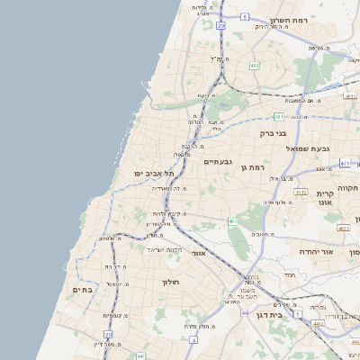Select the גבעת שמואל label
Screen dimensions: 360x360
coord(309,148)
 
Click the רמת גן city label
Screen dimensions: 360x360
coord(256,167)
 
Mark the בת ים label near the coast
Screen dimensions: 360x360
coord(82,290)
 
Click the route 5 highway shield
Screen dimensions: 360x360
coord(244,16)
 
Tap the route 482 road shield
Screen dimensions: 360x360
coord(255,65)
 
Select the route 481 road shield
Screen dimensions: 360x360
coord(279,116)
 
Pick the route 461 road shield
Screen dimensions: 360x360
coord(232,220)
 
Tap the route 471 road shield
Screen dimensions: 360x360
coord(345,163)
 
